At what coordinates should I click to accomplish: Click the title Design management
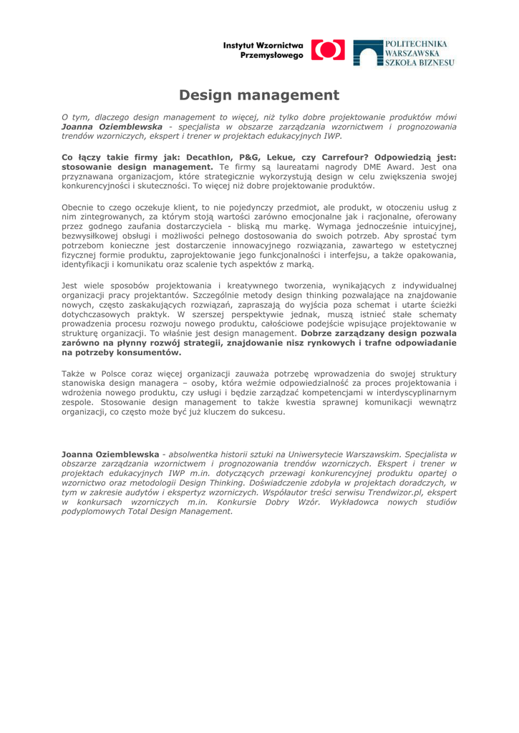click(259, 94)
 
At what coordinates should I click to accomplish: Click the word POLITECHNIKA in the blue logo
click(418, 44)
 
